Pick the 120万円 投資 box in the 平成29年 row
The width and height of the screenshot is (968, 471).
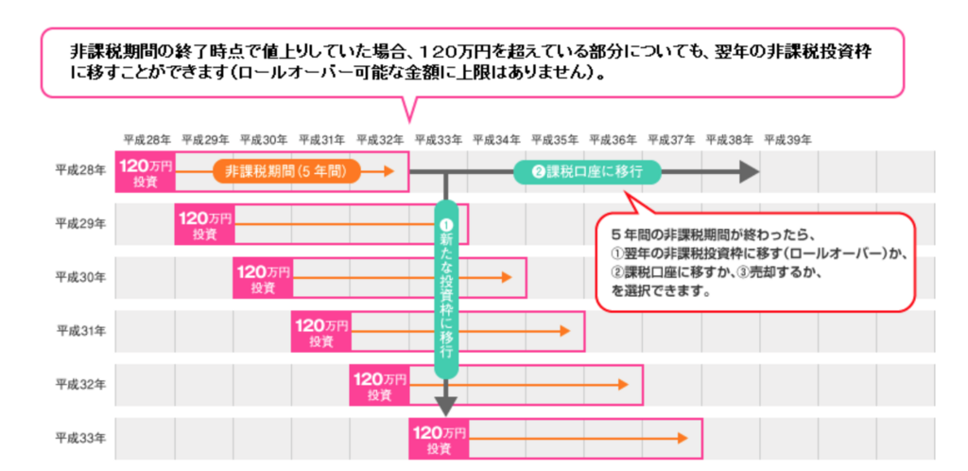(204, 225)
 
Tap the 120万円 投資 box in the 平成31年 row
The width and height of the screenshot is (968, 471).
(320, 331)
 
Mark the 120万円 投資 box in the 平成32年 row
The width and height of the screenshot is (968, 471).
(379, 384)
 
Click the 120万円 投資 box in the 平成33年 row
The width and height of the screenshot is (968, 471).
(438, 438)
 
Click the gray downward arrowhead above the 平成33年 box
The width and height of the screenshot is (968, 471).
(446, 407)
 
